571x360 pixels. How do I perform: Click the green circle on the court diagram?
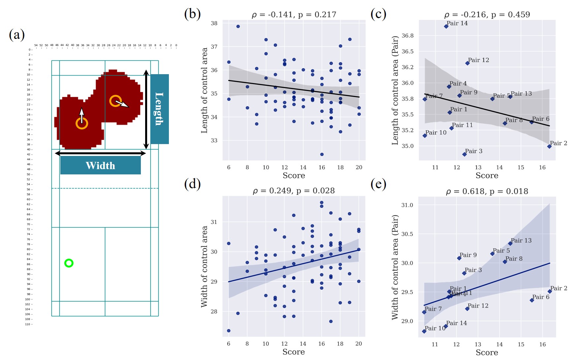point(69,263)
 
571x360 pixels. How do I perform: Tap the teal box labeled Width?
point(100,165)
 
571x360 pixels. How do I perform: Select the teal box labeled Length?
point(160,109)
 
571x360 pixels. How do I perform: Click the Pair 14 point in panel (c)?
point(446,26)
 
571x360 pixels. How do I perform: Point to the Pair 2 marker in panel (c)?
point(549,146)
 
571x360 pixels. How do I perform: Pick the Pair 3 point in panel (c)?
point(464,154)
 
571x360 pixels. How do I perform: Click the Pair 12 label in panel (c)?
point(478,60)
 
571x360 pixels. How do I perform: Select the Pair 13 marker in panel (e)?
point(510,244)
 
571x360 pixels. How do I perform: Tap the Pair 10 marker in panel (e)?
point(424,331)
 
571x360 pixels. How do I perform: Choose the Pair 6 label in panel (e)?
point(541,297)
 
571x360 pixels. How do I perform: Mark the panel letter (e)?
point(378,184)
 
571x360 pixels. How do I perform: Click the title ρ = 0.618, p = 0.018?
point(487,191)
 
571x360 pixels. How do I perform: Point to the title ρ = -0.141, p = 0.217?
point(294,15)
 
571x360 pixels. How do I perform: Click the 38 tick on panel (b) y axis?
point(214,23)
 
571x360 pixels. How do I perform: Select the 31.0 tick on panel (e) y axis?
point(407,205)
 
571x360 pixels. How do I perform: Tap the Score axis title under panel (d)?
point(294,352)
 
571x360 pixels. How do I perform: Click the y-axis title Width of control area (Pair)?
point(395,267)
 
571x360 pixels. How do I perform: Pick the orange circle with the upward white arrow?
point(82,123)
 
